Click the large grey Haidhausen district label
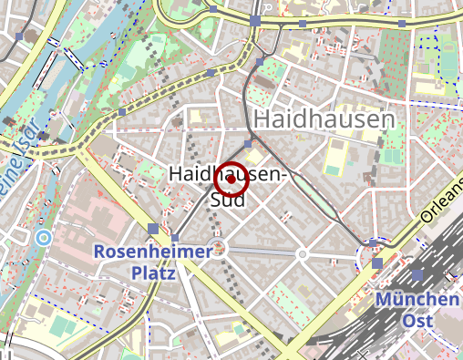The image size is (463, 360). pos(324,119)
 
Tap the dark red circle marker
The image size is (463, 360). pos(231,180)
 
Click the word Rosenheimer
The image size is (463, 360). pos(152,251)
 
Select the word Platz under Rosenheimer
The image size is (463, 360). pos(152,272)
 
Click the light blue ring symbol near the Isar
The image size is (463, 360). pos(43,238)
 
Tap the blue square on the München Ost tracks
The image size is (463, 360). pos(417,275)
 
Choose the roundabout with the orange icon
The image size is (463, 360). pos(220,248)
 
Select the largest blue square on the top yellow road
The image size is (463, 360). pos(255,20)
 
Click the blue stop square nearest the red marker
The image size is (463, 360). pos(249,143)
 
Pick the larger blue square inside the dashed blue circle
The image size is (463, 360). pos(377,263)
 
